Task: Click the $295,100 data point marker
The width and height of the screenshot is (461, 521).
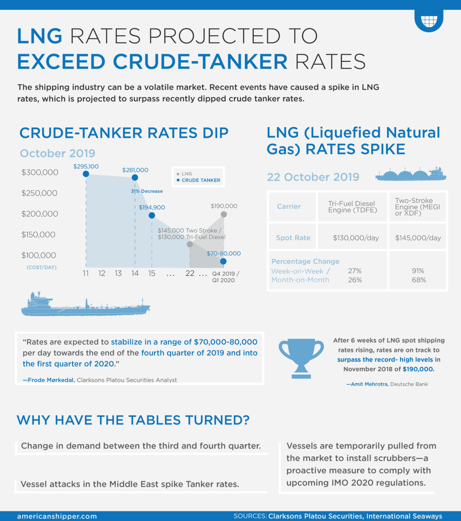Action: (x=86, y=174)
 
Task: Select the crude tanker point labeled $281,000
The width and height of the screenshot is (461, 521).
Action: (x=135, y=178)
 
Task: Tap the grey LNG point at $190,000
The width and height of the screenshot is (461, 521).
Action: (x=224, y=214)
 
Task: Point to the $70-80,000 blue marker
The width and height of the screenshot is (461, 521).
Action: (x=223, y=261)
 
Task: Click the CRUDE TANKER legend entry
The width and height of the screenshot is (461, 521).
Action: (x=201, y=180)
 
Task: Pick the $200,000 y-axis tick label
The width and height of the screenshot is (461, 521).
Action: (x=40, y=214)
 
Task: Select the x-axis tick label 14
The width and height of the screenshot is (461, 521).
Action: (x=135, y=274)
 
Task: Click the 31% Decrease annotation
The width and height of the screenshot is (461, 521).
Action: (x=147, y=191)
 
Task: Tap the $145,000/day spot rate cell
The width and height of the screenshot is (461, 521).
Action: (x=418, y=238)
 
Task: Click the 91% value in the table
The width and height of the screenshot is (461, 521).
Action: (x=418, y=271)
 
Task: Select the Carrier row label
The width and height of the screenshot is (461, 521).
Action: (x=289, y=206)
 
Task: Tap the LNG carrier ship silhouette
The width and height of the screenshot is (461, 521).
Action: (x=411, y=175)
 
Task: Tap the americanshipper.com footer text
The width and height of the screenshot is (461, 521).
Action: (x=56, y=516)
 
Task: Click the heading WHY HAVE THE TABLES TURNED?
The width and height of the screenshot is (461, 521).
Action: (x=133, y=420)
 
